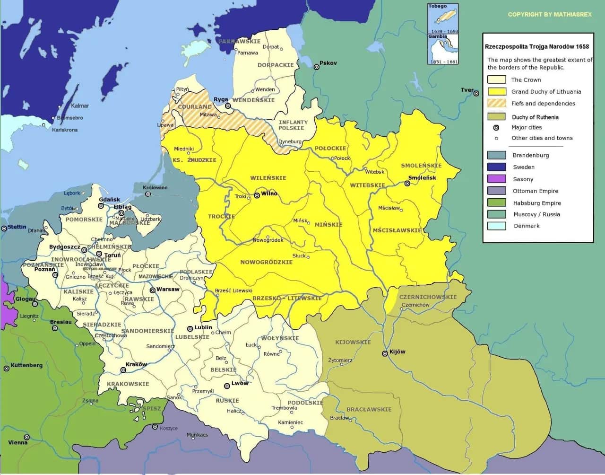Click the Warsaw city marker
[153, 290]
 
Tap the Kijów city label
[397, 352]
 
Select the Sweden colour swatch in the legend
[496, 167]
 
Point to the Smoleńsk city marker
[407, 183]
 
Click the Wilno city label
[269, 194]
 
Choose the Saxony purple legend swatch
[496, 179]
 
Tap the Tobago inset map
[443, 19]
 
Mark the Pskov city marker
[317, 67]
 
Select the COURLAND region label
[195, 107]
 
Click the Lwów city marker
[227, 386]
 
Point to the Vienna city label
[18, 442]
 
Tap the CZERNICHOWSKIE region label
[428, 297]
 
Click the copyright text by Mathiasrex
[550, 14]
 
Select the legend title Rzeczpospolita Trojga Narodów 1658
[537, 46]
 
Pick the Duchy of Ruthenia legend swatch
[496, 117]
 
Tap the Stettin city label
[17, 227]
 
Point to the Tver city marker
[476, 94]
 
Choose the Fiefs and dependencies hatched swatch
[496, 103]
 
